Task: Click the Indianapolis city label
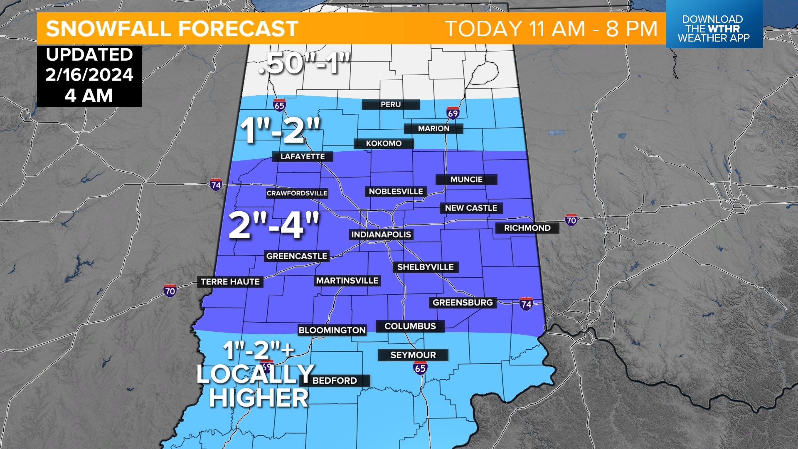[381, 234]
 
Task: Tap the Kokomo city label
[384, 143]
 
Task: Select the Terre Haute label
[230, 282]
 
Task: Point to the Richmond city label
[527, 228]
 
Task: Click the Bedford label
[335, 380]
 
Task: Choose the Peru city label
[391, 104]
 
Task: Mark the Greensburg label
[463, 303]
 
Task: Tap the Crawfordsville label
[297, 193]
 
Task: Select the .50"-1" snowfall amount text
[305, 64]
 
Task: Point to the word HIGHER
[259, 398]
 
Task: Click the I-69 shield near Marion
[453, 113]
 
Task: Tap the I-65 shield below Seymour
[420, 368]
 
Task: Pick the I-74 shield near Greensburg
[526, 304]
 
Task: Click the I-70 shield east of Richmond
[571, 220]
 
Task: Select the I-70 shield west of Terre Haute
[170, 291]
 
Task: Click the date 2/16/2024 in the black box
[89, 75]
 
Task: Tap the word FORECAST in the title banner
[239, 29]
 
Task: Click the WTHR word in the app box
[724, 29]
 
